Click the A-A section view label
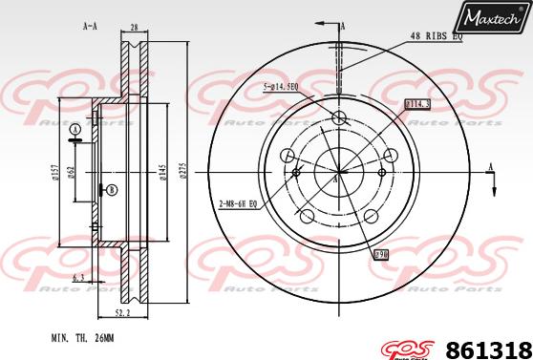pos(90,27)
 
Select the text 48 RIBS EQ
pos(437,36)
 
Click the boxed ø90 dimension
pos(379,255)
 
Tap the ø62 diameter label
pos(83,171)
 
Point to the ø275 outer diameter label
pos(182,171)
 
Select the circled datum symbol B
pos(112,190)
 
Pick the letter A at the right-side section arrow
pos(492,168)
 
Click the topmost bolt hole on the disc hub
pos(338,117)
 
